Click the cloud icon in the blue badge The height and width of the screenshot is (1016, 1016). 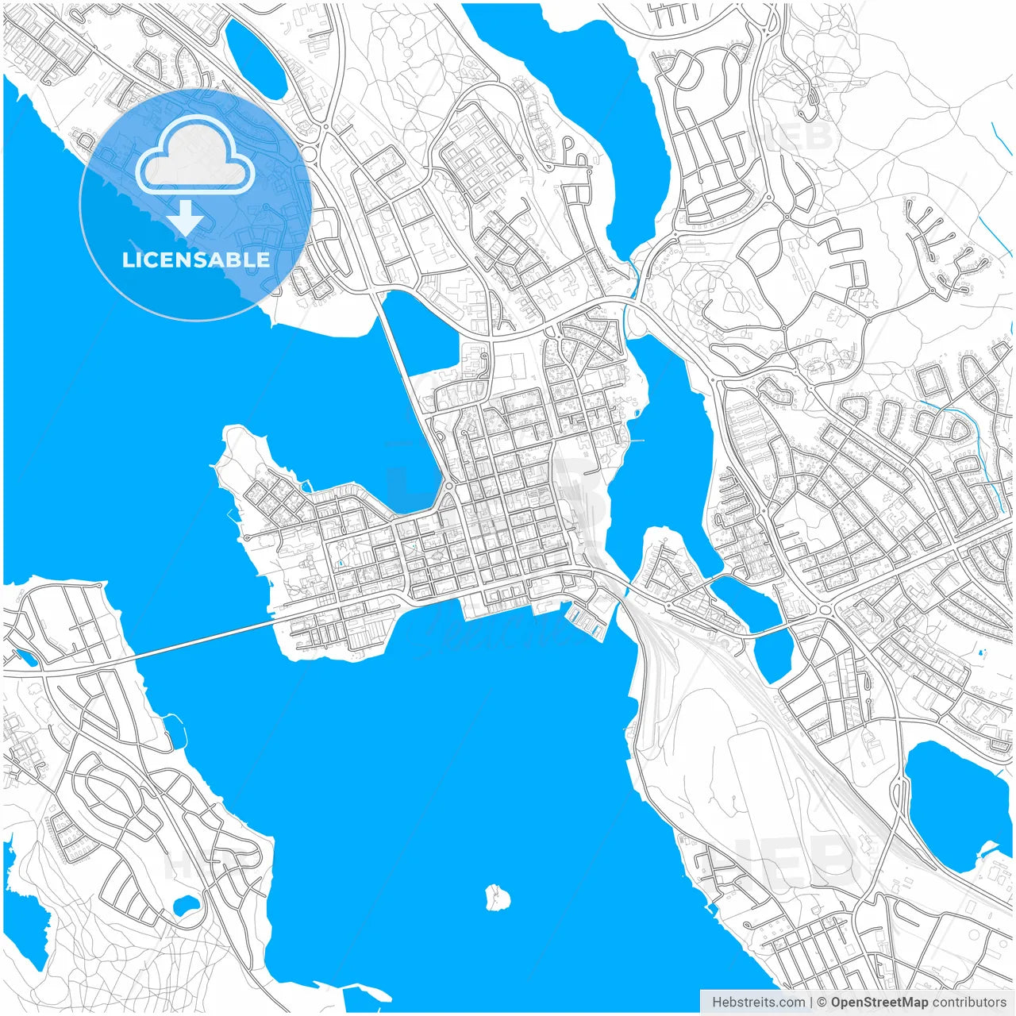coord(195,155)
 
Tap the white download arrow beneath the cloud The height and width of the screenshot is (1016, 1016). coord(185,217)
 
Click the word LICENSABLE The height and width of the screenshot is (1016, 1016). coord(196,260)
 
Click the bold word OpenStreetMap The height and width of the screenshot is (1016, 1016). coord(879,1002)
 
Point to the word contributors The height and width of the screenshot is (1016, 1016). coord(968,1002)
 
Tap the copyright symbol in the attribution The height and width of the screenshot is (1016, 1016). coord(822,1002)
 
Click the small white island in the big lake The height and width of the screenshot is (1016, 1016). coord(498,898)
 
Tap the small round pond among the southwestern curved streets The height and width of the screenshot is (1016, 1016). coord(187,906)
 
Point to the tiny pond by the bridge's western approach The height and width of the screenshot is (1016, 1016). coord(25,658)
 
